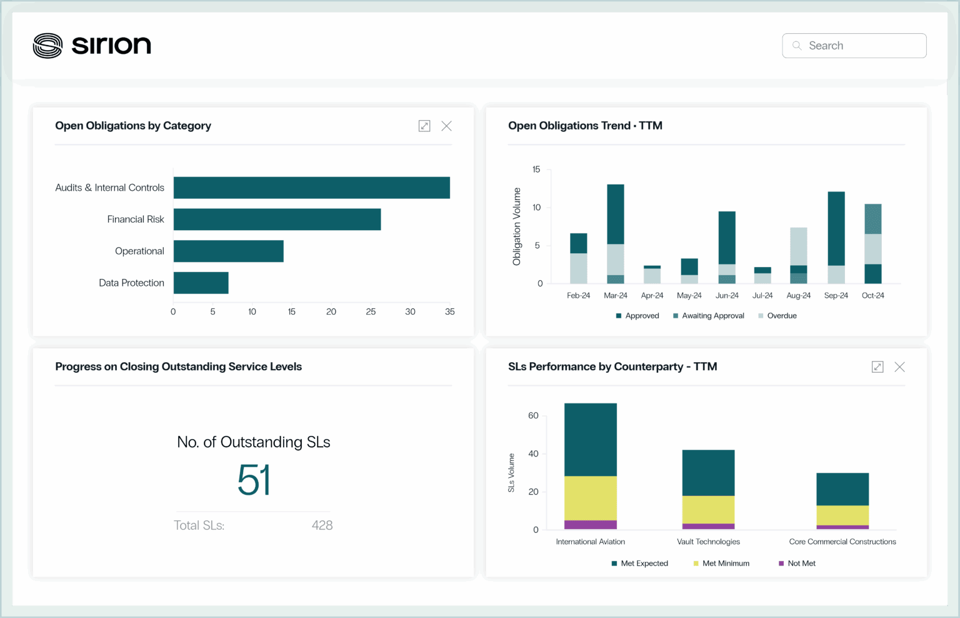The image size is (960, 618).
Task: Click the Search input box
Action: (854, 46)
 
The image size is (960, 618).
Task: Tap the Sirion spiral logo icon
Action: (47, 46)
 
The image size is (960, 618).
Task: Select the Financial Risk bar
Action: (277, 219)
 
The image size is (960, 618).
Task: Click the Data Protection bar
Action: (201, 283)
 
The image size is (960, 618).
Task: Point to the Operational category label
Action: (139, 251)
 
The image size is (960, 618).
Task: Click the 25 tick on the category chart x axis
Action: (371, 312)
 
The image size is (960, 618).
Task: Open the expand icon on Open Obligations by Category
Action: (424, 126)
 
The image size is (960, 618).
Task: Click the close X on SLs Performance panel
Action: (899, 367)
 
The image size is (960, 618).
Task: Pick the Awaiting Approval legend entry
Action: (708, 316)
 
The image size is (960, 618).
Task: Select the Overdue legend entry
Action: (777, 316)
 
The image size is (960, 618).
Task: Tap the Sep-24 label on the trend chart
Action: (836, 295)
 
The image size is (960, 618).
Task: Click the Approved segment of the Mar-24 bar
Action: (616, 214)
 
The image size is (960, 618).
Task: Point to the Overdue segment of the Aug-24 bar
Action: (798, 246)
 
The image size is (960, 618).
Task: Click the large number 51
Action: (254, 480)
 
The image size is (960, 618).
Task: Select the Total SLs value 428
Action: (322, 525)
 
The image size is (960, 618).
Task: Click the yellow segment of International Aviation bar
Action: (591, 498)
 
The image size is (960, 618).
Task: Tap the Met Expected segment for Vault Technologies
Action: (708, 473)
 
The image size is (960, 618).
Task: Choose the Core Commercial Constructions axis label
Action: (842, 542)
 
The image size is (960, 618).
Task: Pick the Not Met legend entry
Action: (797, 563)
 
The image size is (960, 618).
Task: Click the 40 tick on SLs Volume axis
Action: (533, 453)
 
